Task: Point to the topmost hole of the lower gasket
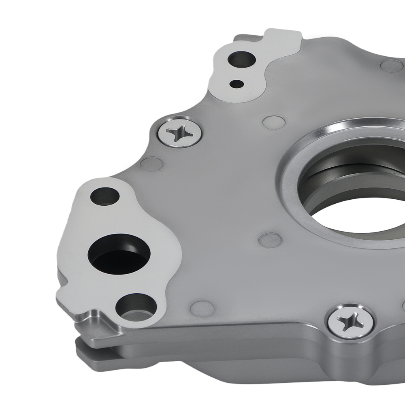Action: tap(105, 196)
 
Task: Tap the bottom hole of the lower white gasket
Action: tap(135, 306)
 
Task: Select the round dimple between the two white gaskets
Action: tap(151, 164)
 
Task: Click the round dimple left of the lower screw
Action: tap(202, 309)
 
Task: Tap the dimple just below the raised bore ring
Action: tap(270, 240)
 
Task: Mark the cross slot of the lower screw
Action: tap(350, 322)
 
